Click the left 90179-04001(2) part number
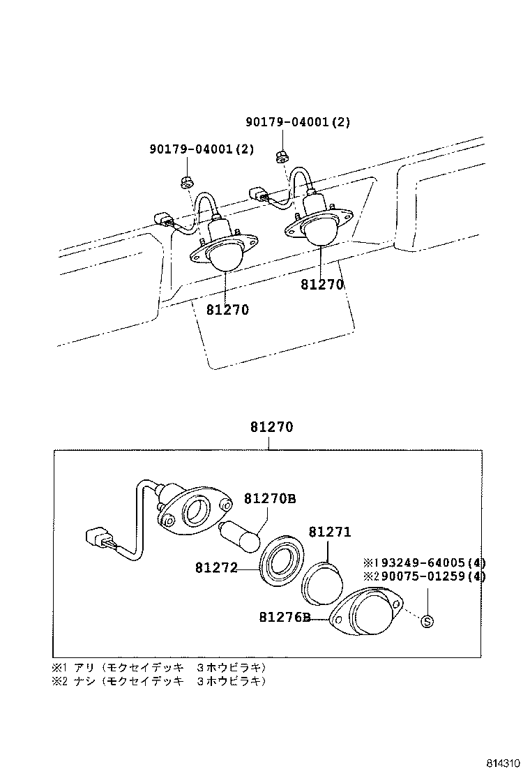click(202, 149)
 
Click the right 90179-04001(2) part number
click(298, 122)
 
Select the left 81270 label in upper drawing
click(227, 309)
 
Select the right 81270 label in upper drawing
click(323, 284)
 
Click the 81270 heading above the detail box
click(272, 428)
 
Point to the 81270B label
click(270, 498)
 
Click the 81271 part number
click(330, 532)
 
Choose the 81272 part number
click(216, 569)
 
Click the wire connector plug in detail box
click(100, 542)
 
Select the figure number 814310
click(505, 762)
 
